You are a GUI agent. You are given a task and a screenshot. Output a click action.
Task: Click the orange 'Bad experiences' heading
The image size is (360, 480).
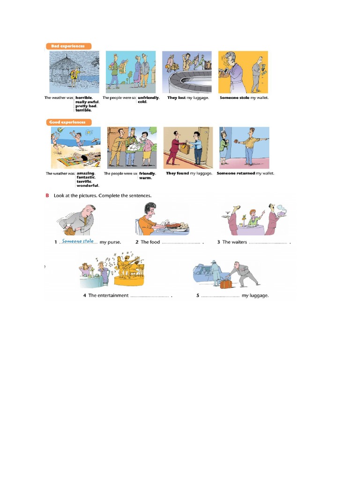[68, 46]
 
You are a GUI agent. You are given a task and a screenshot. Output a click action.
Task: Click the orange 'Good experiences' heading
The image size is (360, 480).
[68, 122]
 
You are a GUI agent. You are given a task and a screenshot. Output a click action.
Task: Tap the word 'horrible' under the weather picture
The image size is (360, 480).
[84, 98]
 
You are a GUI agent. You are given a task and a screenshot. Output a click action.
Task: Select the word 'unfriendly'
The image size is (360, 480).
[148, 98]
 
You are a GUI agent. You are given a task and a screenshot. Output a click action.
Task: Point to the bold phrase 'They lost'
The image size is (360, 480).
[176, 98]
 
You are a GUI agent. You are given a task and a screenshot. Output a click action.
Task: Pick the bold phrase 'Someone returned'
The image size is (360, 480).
[236, 173]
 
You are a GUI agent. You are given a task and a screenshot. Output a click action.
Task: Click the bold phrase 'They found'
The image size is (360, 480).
[177, 173]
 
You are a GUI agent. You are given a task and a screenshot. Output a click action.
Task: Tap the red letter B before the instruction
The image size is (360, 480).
[47, 195]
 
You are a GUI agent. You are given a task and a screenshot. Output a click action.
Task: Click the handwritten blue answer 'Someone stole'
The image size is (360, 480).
[78, 241]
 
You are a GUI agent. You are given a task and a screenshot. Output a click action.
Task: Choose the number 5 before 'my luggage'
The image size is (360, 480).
[198, 296]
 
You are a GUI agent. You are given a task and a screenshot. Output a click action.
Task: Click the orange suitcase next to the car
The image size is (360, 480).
[226, 284]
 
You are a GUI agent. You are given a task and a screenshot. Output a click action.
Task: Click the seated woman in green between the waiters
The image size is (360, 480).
[254, 218]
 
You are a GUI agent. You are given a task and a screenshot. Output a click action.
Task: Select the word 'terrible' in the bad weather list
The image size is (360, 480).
[83, 110]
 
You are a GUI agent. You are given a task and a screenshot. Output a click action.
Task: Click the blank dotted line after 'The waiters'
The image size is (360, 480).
[268, 243]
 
